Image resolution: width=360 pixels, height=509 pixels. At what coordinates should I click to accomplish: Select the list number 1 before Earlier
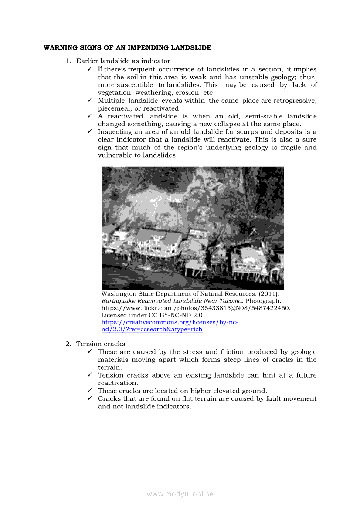[68, 61]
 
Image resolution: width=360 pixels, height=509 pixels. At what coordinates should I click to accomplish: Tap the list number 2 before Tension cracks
[68, 344]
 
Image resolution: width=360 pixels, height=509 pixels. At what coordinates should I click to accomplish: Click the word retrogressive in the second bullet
[295, 101]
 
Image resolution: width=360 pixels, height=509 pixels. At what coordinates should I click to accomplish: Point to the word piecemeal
[115, 108]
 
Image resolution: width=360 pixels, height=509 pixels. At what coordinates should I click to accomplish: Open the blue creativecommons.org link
[170, 322]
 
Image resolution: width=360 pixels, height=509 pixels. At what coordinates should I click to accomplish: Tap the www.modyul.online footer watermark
[180, 494]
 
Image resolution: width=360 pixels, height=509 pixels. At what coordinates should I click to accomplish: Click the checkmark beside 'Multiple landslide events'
[89, 101]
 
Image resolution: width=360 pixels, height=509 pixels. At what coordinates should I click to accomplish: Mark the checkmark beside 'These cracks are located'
[89, 391]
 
